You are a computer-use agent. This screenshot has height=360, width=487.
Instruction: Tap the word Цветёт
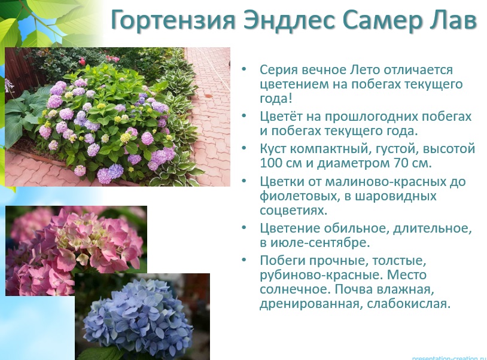(x=281, y=116)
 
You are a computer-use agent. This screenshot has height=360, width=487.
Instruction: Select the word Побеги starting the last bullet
(x=281, y=261)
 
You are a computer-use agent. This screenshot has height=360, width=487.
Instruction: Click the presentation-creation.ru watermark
(x=449, y=357)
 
